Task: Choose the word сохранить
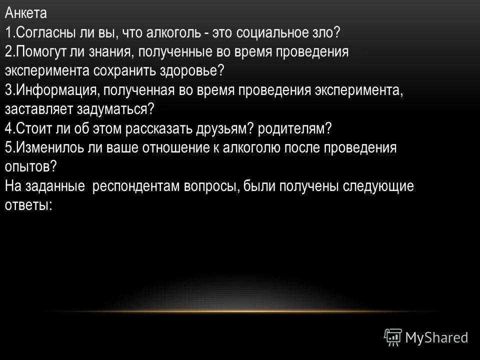(123, 69)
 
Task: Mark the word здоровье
(192, 69)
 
